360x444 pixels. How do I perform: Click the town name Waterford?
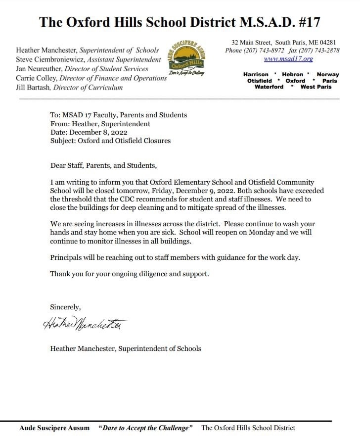269,87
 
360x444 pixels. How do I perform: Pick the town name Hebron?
292,74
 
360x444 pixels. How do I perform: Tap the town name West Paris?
316,87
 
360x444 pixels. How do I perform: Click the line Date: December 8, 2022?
89,133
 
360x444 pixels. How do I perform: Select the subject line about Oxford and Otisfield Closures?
110,141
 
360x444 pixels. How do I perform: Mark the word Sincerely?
65,307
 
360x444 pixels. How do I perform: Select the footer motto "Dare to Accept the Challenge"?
145,428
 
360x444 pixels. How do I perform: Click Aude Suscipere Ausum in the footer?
54,428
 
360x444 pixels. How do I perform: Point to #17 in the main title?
307,22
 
